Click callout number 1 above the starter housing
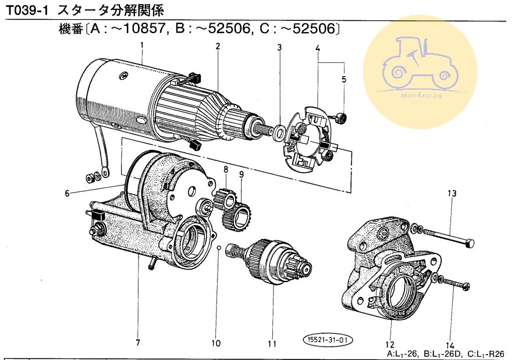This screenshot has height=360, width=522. coord(142,45)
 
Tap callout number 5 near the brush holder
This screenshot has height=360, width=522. coord(344,79)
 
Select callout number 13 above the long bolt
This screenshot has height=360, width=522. coord(452,193)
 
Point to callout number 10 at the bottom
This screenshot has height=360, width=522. coord(216,343)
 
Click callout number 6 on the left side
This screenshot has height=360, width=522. coord(68,193)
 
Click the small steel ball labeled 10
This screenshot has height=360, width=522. coord(218,248)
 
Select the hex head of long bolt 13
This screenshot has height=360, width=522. coord(469,243)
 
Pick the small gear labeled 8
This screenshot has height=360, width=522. coord(225,198)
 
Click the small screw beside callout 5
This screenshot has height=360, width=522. coord(340,116)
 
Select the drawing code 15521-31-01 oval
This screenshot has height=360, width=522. coord(328,340)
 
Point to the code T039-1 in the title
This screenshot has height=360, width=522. coord(27,10)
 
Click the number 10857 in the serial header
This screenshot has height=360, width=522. coord(144,28)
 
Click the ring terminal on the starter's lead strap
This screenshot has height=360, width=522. coord(105,173)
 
